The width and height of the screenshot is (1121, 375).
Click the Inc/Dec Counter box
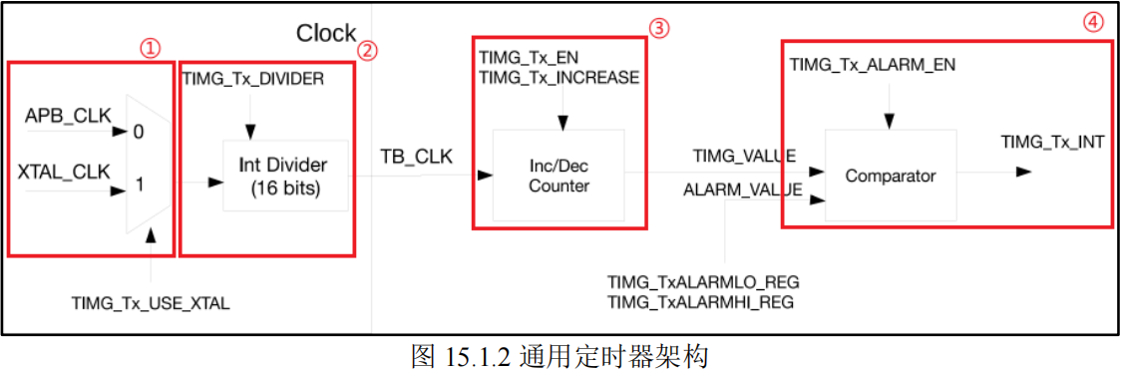coord(559,175)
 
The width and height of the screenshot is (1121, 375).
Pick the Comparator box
coord(890,176)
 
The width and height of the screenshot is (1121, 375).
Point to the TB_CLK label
coord(416,158)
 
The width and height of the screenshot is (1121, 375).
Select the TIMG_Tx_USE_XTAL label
coord(151,303)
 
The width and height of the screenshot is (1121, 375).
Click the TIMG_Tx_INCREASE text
coord(559,78)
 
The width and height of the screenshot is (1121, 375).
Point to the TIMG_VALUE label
coord(744,156)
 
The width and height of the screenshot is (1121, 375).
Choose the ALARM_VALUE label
coord(743,187)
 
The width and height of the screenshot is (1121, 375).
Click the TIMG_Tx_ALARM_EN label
coord(873,65)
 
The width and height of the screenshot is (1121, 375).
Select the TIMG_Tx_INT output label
coord(1052,142)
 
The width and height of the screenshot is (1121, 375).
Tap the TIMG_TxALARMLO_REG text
coord(703,282)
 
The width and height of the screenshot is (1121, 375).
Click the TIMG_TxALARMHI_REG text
coord(701,302)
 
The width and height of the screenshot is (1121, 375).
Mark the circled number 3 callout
coord(658,28)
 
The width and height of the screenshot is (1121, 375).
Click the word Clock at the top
coord(325,33)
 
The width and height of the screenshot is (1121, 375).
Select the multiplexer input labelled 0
coord(138,132)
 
